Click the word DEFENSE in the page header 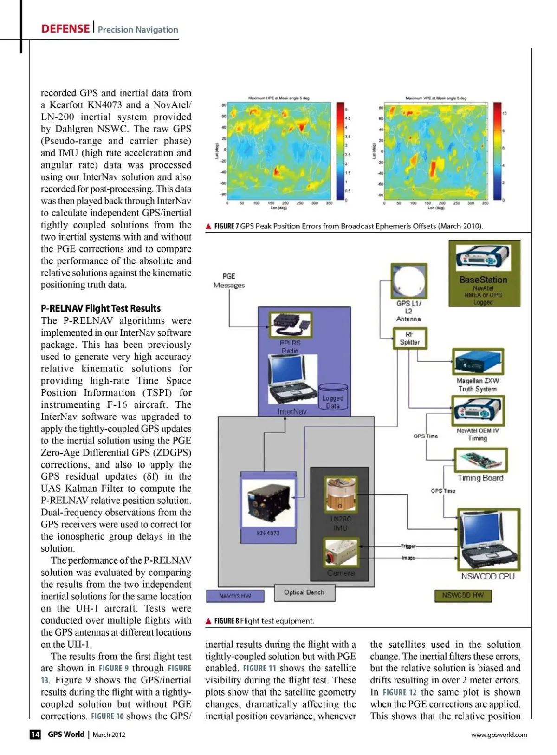point(65,29)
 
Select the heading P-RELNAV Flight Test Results point(101,308)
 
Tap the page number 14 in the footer point(35,734)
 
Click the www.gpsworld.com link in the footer point(499,735)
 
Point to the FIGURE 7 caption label point(226,226)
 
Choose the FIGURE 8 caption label point(226,621)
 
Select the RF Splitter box point(409,338)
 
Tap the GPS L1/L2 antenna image point(409,281)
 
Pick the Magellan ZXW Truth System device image point(478,362)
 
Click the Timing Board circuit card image point(480,460)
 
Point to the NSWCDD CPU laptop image point(488,540)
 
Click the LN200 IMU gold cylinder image point(341,494)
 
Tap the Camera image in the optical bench point(341,553)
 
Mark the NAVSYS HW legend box point(235,596)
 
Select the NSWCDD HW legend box point(463,595)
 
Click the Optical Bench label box point(304,592)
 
